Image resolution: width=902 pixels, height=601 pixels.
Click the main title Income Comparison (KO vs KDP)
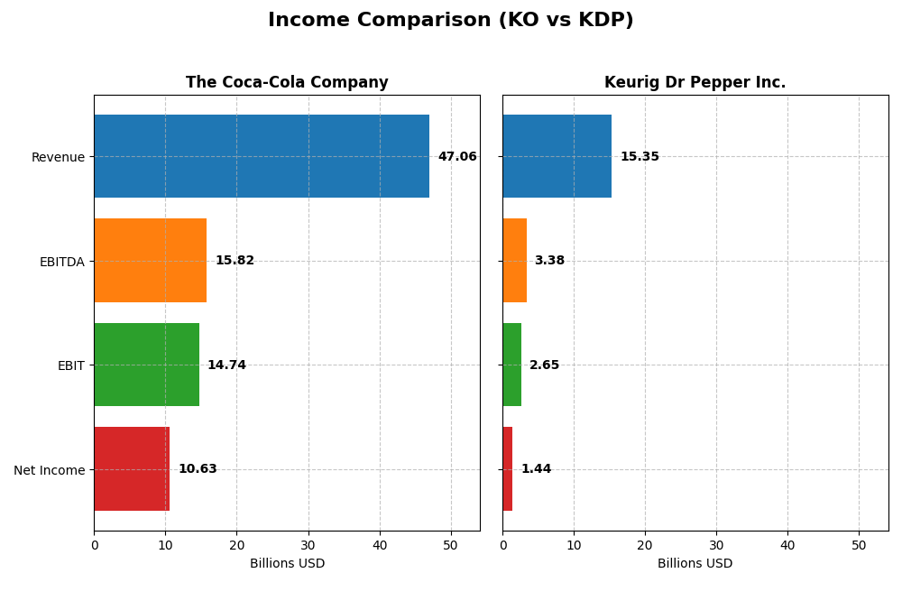[x=450, y=20]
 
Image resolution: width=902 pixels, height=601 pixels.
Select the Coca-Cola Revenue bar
[x=262, y=156]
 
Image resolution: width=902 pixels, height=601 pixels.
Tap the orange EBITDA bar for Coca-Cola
[x=150, y=261]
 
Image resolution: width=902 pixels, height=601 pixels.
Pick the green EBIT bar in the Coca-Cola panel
[x=146, y=365]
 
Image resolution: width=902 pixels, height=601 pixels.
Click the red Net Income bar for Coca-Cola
[x=132, y=469]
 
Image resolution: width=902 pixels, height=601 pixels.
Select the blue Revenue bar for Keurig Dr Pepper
[x=557, y=156]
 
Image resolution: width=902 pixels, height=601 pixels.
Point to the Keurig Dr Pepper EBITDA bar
[x=514, y=261]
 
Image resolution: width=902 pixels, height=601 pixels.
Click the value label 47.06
[x=457, y=157]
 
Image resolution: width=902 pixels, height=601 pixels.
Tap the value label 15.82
[x=235, y=261]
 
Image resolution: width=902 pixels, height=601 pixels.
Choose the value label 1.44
[x=536, y=469]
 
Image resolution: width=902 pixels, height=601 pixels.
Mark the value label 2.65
[x=544, y=365]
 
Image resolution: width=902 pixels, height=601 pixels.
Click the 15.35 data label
[x=640, y=157]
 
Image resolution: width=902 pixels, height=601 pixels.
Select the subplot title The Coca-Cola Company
[x=287, y=83]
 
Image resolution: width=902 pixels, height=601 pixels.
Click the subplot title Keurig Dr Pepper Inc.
[x=695, y=83]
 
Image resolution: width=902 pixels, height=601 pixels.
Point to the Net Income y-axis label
[x=49, y=470]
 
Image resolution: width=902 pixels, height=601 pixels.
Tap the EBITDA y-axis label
[x=61, y=262]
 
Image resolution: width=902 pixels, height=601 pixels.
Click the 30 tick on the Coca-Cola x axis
[x=308, y=545]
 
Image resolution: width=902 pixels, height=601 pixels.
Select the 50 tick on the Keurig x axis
[x=859, y=545]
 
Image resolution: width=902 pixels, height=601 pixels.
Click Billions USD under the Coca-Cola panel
[x=287, y=564]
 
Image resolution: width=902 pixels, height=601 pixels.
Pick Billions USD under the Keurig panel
[x=695, y=564]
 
